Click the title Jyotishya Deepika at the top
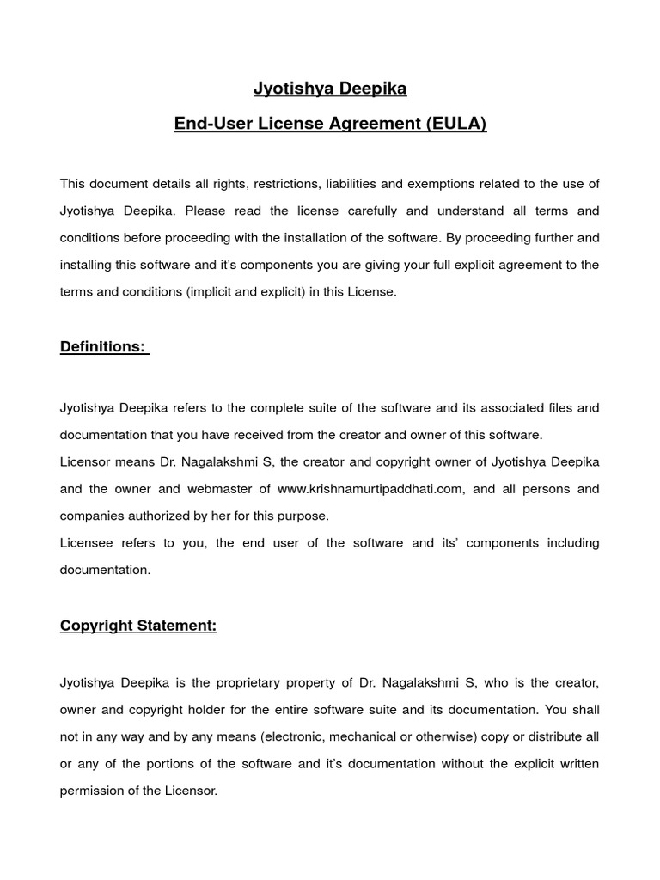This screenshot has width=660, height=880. (330, 89)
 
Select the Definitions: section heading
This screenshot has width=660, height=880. (104, 346)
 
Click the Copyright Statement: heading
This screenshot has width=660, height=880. (138, 626)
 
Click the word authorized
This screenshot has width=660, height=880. (179, 516)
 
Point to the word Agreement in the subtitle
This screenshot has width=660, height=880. (375, 124)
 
